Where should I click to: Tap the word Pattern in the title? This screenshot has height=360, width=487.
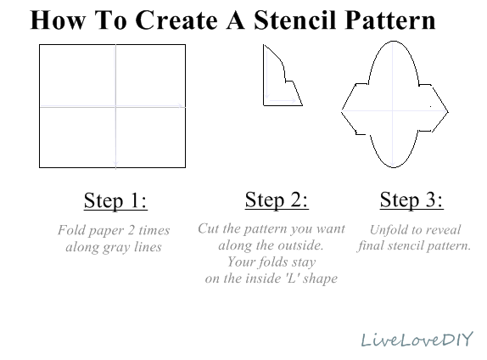[x=390, y=20]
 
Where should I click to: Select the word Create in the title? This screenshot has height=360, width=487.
[x=176, y=20]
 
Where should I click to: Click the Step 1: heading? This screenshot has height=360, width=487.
[x=115, y=200]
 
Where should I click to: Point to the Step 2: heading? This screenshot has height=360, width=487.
[x=277, y=200]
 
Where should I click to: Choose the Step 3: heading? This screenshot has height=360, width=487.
[x=411, y=200]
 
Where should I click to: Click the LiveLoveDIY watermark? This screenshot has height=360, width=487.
[x=417, y=339]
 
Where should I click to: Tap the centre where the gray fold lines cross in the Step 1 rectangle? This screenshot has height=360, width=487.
[x=115, y=107]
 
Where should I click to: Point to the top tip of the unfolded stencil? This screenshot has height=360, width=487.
[x=393, y=41]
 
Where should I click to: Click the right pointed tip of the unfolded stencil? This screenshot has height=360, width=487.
[x=448, y=111]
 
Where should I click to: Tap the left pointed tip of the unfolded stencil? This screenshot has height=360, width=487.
[x=341, y=110]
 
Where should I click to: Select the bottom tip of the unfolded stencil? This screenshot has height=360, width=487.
[x=393, y=167]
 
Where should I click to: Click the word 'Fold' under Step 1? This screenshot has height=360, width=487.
[x=70, y=230]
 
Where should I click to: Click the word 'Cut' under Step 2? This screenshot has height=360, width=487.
[x=209, y=228]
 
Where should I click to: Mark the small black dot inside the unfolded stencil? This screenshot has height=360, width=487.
[x=430, y=106]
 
